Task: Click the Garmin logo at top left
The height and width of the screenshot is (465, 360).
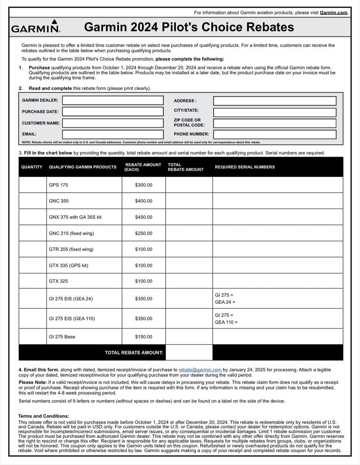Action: click(36, 26)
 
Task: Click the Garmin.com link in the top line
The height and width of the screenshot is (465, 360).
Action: click(333, 13)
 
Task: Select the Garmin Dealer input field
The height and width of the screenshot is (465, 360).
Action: click(113, 100)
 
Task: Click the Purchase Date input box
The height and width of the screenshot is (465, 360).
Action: click(113, 112)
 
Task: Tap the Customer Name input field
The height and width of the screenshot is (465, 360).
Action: click(113, 123)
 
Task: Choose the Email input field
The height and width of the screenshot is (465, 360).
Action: click(113, 134)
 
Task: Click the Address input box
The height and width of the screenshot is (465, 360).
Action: click(274, 101)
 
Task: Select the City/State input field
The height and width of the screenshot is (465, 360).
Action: click(274, 112)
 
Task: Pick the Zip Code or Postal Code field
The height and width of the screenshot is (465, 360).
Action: click(274, 123)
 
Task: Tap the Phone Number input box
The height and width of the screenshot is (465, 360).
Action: click(274, 134)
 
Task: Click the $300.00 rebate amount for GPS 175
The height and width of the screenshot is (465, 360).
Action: click(144, 185)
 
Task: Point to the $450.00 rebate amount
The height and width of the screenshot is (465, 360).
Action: click(144, 217)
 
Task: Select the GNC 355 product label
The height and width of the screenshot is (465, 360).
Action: click(59, 201)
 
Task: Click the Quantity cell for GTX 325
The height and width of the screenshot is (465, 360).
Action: click(33, 281)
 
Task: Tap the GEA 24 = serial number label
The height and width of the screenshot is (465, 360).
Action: click(225, 302)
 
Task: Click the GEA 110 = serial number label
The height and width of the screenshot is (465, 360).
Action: click(226, 322)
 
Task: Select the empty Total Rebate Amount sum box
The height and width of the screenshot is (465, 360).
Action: click(189, 353)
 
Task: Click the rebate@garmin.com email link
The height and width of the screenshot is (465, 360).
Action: click(200, 370)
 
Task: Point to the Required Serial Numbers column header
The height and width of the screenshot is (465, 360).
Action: click(245, 167)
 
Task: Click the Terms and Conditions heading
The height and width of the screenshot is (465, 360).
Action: click(44, 416)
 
